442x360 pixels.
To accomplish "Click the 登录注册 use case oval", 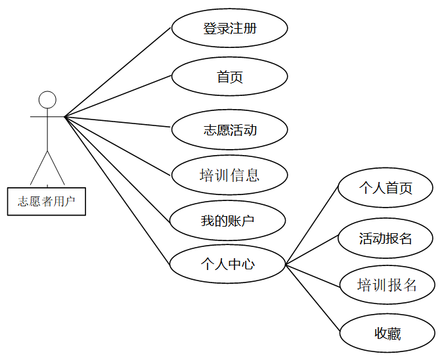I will pyautogui.click(x=229, y=29).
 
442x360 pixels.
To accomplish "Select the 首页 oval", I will pyautogui.click(x=229, y=77).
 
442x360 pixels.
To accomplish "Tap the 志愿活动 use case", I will pyautogui.click(x=229, y=129).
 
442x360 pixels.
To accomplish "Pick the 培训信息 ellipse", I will pyautogui.click(x=229, y=175).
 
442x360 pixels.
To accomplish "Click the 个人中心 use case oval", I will pyautogui.click(x=227, y=265).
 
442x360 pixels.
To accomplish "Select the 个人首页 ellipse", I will pyautogui.click(x=386, y=189).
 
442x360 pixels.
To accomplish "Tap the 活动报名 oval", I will pyautogui.click(x=386, y=238).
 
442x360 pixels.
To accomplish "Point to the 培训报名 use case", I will pyautogui.click(x=387, y=285).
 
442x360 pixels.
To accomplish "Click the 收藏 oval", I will pyautogui.click(x=387, y=334).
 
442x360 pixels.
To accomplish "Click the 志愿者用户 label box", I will pyautogui.click(x=47, y=201).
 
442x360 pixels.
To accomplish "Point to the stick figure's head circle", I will pyautogui.click(x=47, y=100).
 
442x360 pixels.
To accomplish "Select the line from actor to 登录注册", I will pyautogui.click(x=118, y=73).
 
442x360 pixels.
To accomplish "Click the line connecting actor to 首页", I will pyautogui.click(x=118, y=97).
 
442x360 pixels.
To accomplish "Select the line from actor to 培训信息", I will pyautogui.click(x=118, y=146).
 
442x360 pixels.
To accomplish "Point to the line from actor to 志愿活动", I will pyautogui.click(x=118, y=122).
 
